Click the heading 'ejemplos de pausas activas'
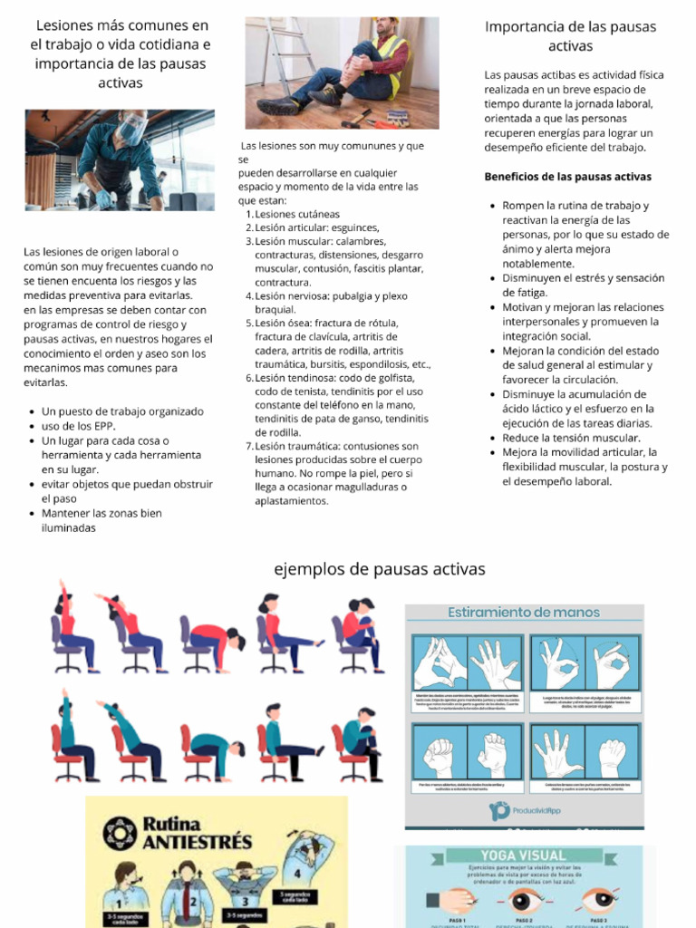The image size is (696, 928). click(379, 569)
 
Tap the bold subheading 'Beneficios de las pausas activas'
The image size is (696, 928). click(567, 176)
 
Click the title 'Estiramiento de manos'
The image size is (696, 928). click(524, 613)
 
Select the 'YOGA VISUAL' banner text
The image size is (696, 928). click(523, 855)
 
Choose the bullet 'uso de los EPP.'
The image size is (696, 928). click(78, 426)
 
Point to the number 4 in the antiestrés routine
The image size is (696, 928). click(296, 874)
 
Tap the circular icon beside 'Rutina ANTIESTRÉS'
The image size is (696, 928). click(118, 833)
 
